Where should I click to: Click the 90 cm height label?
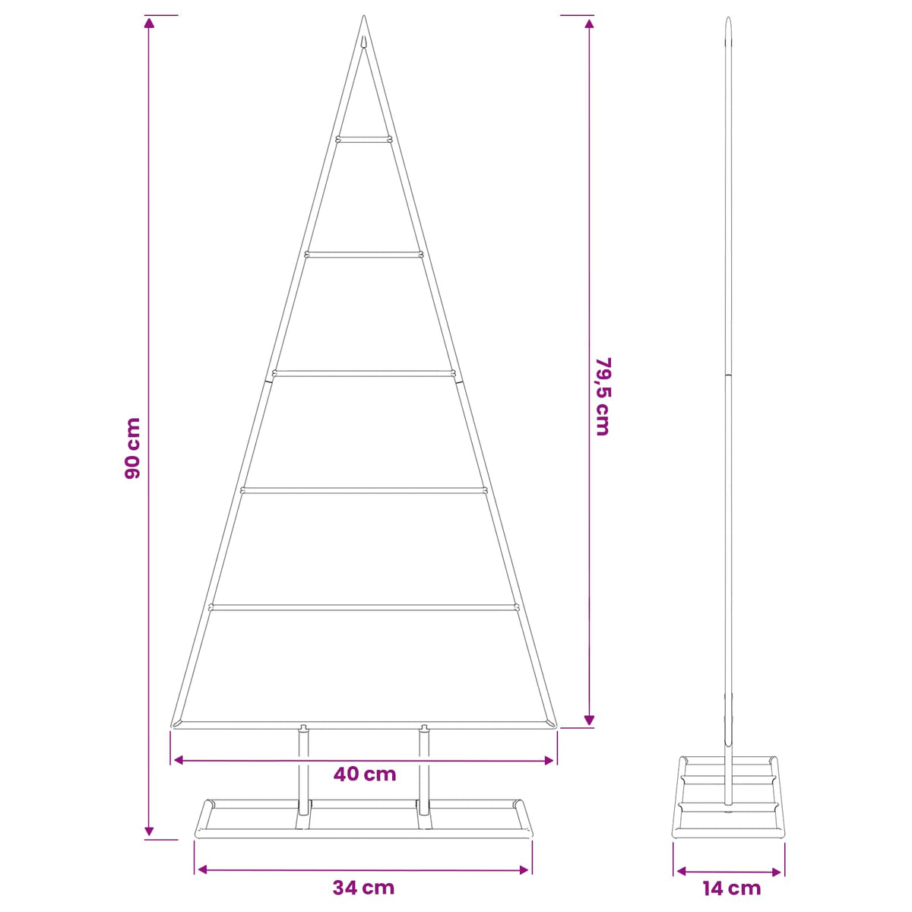pos(133,448)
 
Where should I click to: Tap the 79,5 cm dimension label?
pos(603,396)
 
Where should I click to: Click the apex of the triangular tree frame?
pos(363,16)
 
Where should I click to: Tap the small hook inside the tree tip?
pos(363,43)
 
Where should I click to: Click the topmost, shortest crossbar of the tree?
pos(363,140)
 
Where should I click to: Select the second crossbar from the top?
pos(363,255)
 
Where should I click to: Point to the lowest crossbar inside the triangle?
pos(363,606)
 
